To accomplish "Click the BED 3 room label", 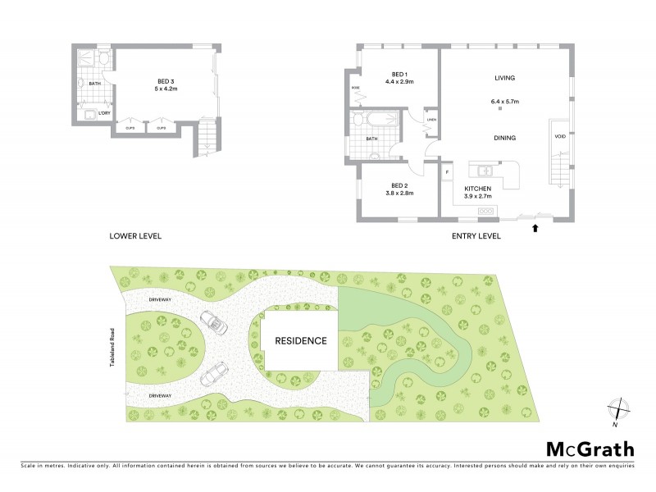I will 166,81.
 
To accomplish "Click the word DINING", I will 504,138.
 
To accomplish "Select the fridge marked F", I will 447,172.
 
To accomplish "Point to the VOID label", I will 560,137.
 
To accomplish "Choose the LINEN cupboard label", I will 431,120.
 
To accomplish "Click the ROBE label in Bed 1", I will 356,87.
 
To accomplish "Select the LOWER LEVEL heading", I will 135,236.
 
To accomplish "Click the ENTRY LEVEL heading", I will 476,236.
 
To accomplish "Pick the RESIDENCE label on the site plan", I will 301,340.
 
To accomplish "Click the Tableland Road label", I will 113,345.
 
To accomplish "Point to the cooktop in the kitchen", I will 487,212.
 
